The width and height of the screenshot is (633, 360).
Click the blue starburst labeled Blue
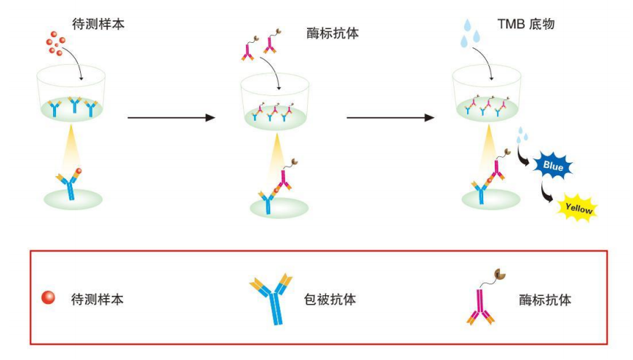(x=553, y=166)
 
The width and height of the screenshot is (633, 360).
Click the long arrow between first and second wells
(x=171, y=116)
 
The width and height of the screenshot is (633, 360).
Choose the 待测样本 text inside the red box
(x=97, y=299)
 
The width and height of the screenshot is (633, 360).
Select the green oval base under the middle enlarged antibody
(x=279, y=208)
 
